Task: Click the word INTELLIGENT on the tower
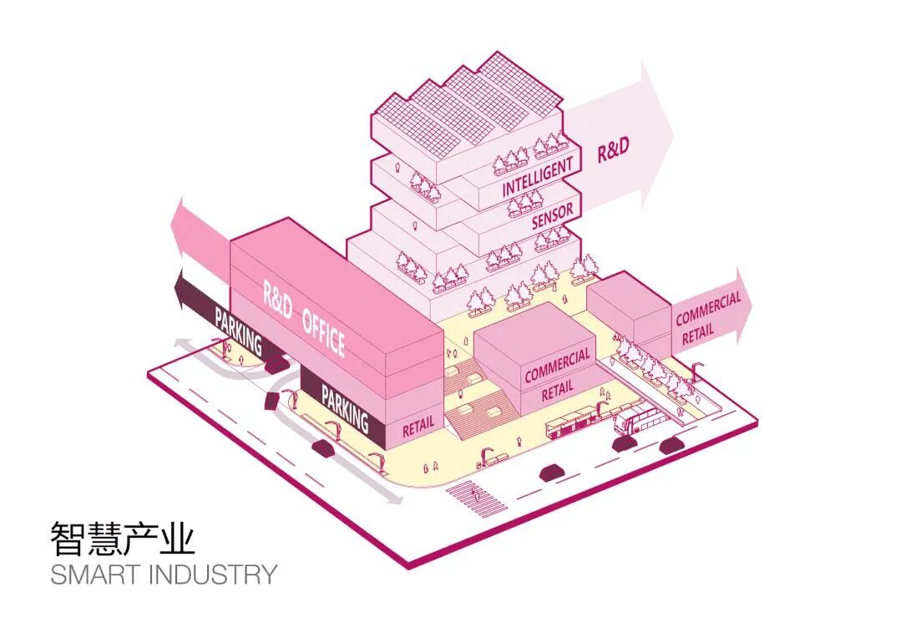point(538,177)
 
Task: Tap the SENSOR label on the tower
point(552,215)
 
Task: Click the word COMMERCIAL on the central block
point(557,366)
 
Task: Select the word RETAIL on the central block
point(558,390)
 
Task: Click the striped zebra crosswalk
point(475,500)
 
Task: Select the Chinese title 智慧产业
point(123,538)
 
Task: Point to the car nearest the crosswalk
point(549,473)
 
